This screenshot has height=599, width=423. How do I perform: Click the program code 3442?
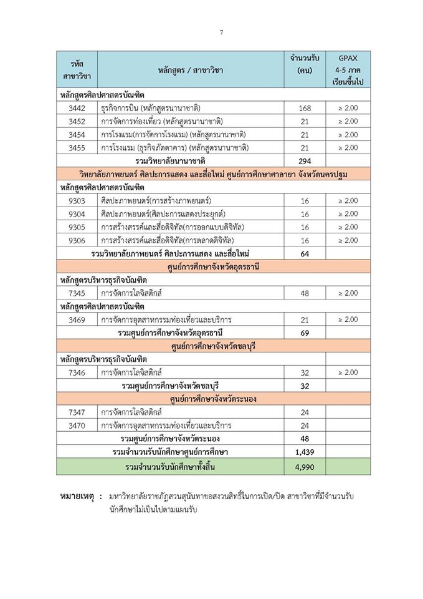tap(77, 108)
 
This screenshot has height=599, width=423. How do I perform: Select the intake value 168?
tap(305, 108)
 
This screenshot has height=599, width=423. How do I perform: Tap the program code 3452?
tap(77, 121)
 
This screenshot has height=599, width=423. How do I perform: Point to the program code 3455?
tap(77, 148)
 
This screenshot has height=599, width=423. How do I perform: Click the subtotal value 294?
tap(305, 161)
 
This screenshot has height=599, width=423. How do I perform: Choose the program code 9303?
tap(77, 200)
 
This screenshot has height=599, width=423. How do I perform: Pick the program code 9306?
tap(77, 240)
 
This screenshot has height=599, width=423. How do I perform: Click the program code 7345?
tap(77, 293)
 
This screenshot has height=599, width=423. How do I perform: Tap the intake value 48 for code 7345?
tap(305, 293)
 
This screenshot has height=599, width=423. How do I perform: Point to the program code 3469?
tap(77, 319)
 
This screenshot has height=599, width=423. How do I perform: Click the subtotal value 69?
tap(305, 333)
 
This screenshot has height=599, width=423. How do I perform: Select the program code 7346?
tap(77, 373)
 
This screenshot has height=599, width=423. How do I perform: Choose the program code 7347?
tap(77, 412)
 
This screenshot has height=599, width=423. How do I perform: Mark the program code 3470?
tap(77, 426)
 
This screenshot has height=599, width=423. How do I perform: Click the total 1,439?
tap(305, 452)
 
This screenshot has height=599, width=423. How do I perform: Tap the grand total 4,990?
tap(305, 467)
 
